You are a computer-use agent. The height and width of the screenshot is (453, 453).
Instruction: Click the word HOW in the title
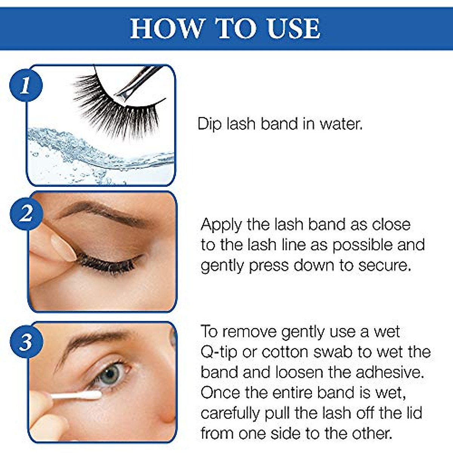point(166,28)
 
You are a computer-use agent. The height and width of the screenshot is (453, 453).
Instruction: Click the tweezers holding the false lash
point(138,81)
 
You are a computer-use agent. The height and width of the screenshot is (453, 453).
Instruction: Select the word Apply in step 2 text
point(221,225)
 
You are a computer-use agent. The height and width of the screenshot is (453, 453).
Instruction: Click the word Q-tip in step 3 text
point(219,353)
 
